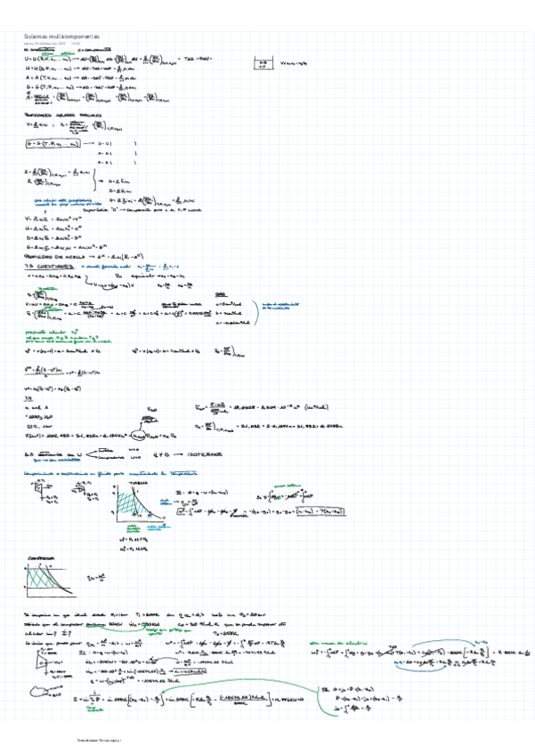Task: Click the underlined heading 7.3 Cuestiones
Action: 48,266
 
